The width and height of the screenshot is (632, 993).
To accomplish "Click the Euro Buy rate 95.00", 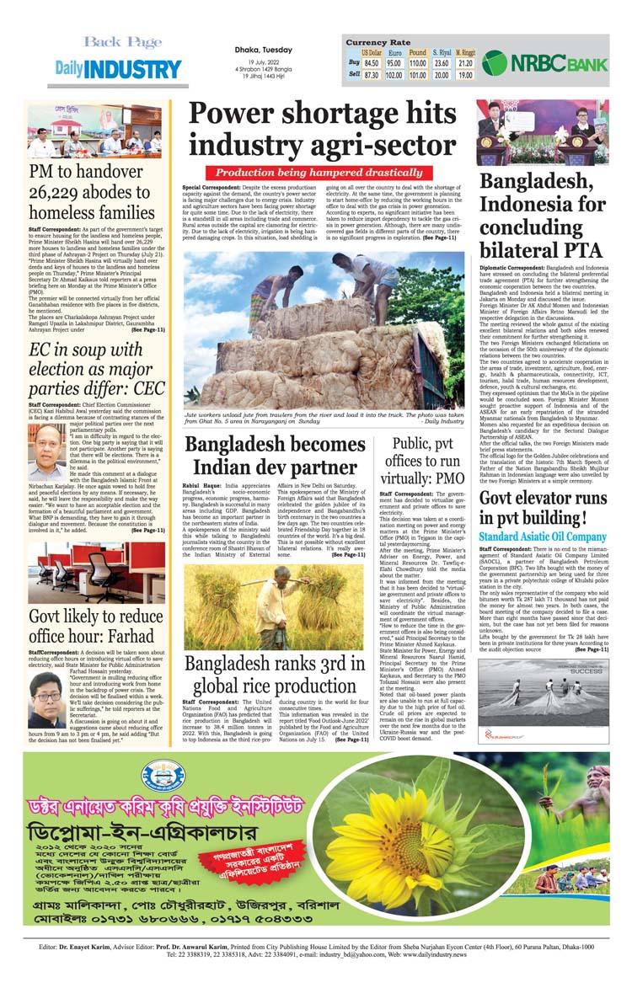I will tap(394, 63).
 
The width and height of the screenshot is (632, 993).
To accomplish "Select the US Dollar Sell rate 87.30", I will tap(371, 74).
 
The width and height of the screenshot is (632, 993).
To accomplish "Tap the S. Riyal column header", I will tap(442, 52).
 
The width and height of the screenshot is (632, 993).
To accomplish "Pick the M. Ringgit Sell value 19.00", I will tap(465, 74).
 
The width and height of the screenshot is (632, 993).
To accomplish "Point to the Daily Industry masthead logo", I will tap(113, 69).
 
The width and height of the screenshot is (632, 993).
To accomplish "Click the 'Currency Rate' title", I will tap(378, 41).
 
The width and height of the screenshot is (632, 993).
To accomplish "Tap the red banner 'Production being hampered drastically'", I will tap(323, 172).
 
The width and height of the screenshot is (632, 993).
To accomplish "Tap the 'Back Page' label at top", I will tap(122, 41).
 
